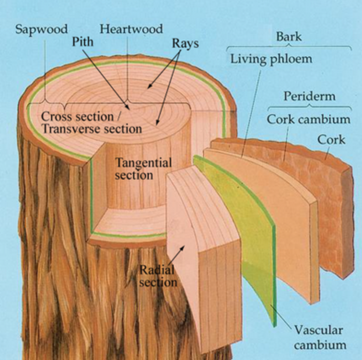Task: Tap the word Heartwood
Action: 131,29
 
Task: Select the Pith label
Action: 83,42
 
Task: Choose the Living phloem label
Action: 271,59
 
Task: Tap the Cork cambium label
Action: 309,119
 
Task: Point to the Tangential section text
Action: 143,168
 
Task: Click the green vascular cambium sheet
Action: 239,230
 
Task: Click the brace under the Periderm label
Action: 309,107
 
